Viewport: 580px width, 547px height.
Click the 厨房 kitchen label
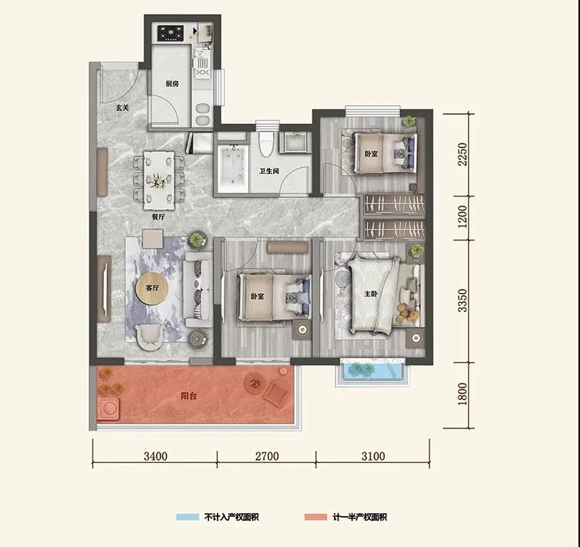[172, 84]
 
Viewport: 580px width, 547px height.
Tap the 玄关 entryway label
[123, 108]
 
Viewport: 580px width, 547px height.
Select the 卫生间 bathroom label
[269, 171]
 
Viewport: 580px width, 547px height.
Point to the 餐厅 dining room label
[158, 217]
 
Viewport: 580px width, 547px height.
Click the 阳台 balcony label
[189, 396]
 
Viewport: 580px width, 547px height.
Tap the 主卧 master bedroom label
[371, 294]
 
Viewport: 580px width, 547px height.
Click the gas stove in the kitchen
[170, 33]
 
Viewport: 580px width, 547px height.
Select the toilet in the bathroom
[266, 145]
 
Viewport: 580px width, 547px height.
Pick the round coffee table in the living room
[152, 288]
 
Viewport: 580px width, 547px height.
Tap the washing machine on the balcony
[108, 409]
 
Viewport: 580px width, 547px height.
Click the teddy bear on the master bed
[406, 314]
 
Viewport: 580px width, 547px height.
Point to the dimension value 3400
[156, 456]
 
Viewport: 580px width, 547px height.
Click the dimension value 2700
[267, 456]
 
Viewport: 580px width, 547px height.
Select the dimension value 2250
[462, 155]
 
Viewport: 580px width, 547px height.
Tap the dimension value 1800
[462, 394]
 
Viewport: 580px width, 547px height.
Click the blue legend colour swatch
[187, 517]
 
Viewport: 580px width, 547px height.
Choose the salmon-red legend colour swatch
[316, 517]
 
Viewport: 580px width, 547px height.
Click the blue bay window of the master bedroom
[373, 371]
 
